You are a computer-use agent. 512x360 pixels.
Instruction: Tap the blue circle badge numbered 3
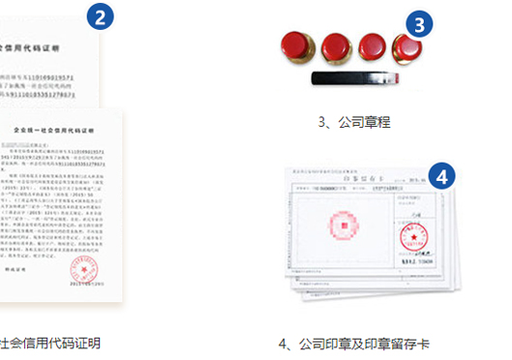[x=418, y=24]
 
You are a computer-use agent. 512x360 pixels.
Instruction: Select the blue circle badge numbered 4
[x=442, y=177]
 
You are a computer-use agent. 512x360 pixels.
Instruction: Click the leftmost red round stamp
[x=293, y=45]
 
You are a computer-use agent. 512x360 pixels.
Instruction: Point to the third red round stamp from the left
[x=371, y=46]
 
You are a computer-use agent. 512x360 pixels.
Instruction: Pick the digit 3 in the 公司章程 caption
[x=322, y=123]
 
